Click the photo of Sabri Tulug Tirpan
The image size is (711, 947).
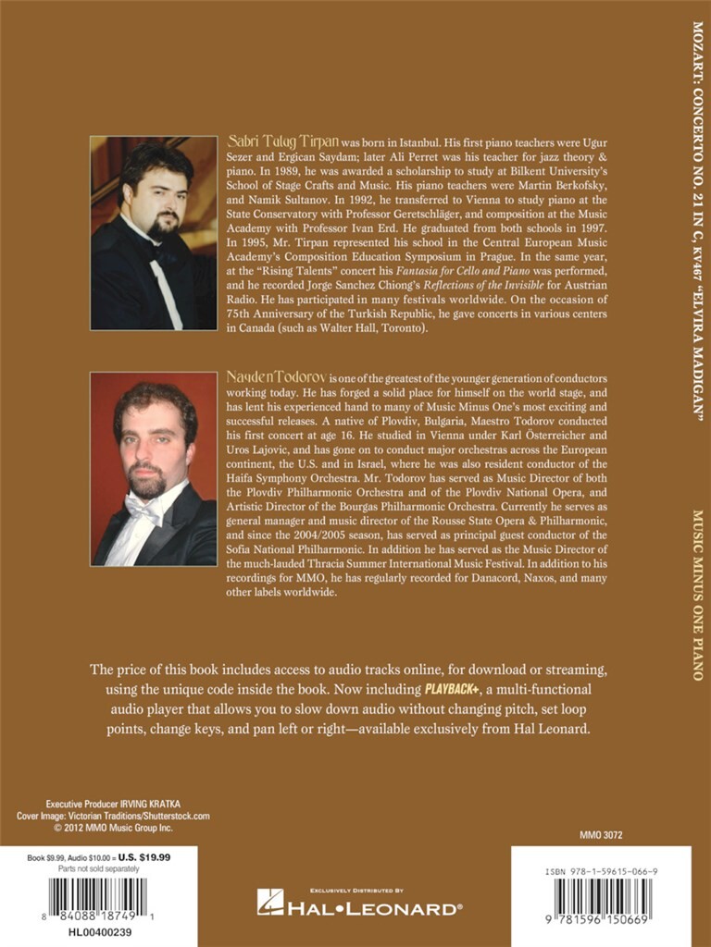(153, 233)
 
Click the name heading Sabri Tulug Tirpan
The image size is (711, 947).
(283, 143)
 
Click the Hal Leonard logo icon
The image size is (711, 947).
(270, 902)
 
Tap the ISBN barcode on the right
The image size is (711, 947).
(603, 899)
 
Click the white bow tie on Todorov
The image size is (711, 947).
(147, 508)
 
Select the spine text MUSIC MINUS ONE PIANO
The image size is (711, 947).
(697, 592)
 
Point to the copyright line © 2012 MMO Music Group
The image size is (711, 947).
(98, 828)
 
